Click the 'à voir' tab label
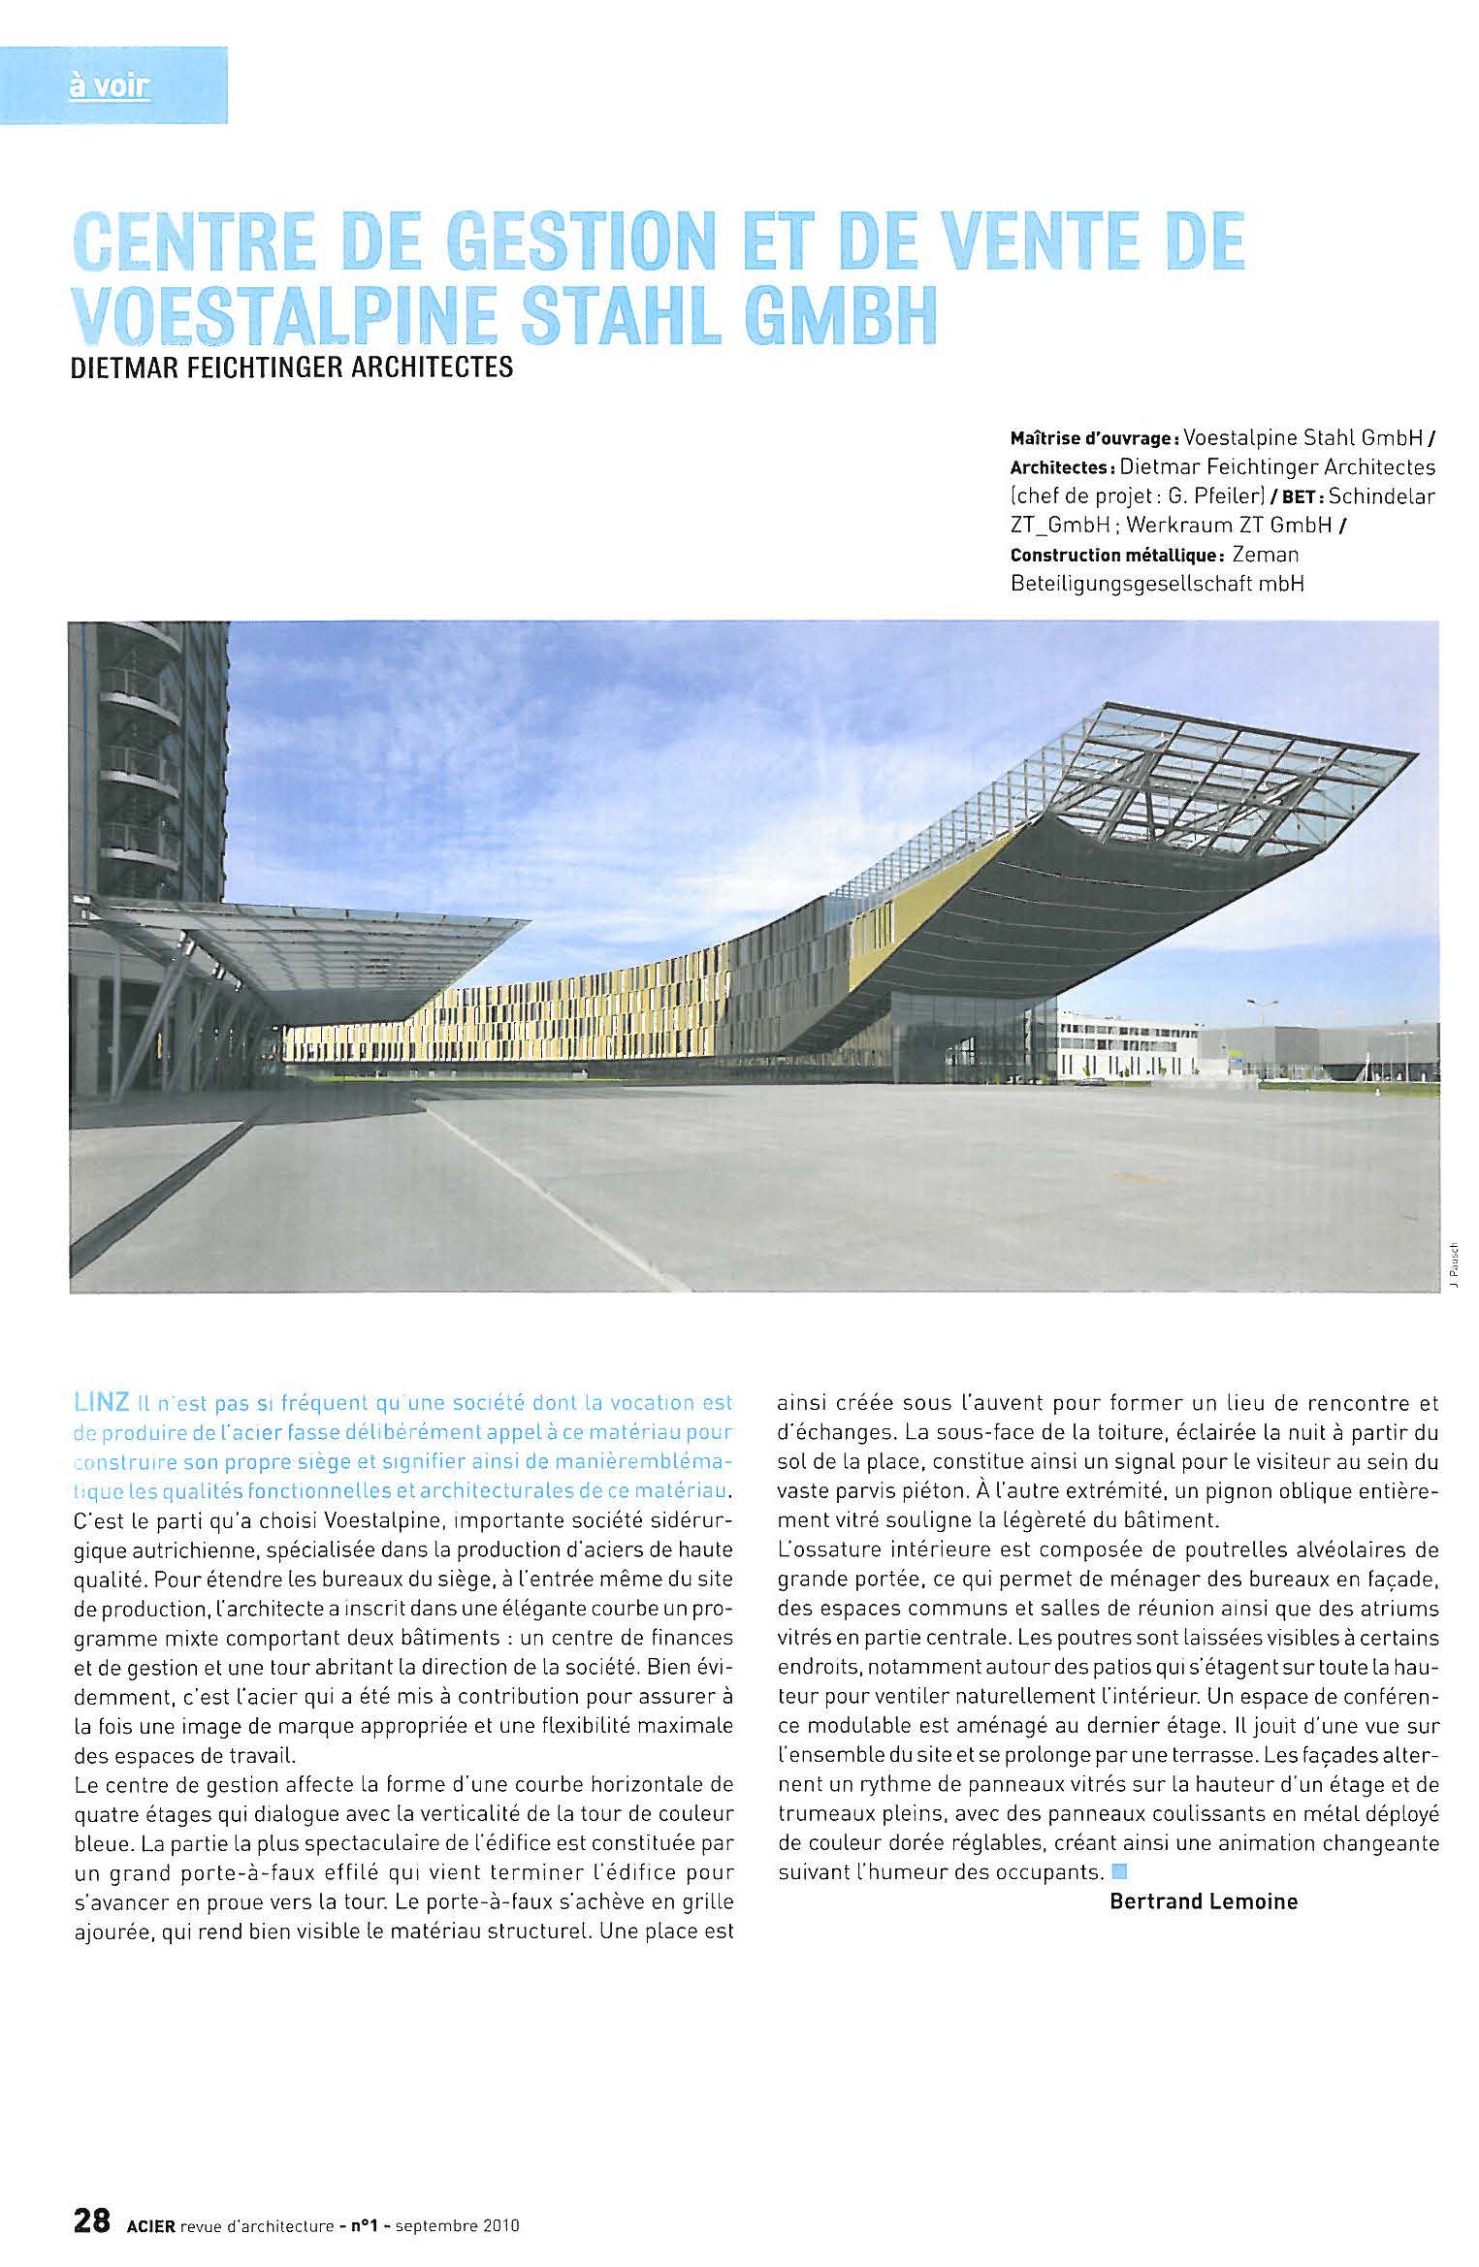click(110, 87)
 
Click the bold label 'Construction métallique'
click(1114, 556)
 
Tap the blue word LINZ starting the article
click(101, 1402)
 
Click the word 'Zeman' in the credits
click(1265, 556)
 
